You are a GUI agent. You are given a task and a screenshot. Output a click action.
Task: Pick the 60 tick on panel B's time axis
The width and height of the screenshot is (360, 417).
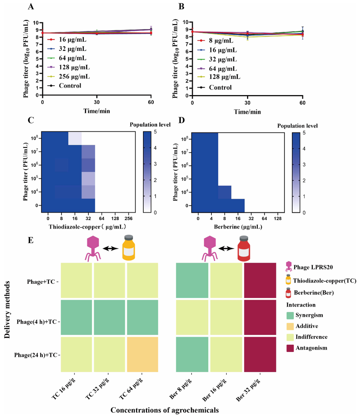(302, 102)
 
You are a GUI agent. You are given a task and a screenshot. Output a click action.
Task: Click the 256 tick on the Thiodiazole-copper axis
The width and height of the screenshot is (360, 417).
(128, 219)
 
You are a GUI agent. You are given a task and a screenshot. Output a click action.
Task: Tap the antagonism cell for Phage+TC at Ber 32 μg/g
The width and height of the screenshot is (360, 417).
(260, 280)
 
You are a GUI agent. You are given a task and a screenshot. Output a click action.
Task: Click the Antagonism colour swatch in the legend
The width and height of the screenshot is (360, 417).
(290, 348)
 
